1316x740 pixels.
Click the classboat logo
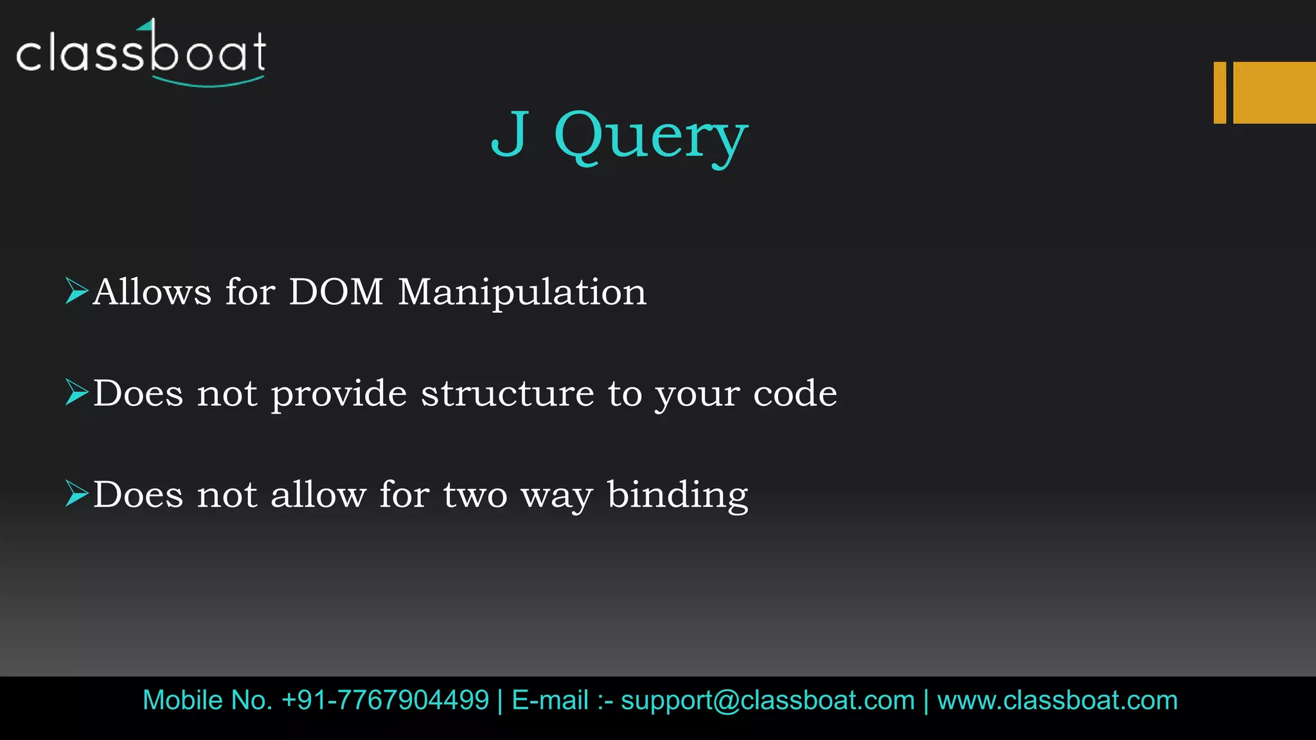click(x=141, y=53)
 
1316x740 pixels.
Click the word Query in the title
click(x=651, y=136)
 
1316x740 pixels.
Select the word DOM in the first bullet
click(x=336, y=292)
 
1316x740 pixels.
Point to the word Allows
click(x=152, y=292)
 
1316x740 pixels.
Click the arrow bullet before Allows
click(x=76, y=291)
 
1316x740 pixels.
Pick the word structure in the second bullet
click(x=508, y=393)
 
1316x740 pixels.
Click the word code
click(x=795, y=393)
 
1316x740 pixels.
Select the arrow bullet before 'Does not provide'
click(x=76, y=392)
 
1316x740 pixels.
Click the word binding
click(x=678, y=495)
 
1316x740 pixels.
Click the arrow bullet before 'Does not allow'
click(x=76, y=494)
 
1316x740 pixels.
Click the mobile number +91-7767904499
click(x=385, y=700)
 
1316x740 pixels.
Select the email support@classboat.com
click(x=768, y=700)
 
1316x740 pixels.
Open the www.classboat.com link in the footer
click(x=1057, y=700)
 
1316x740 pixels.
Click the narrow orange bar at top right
click(x=1220, y=92)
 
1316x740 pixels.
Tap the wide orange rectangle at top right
click(x=1274, y=92)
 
